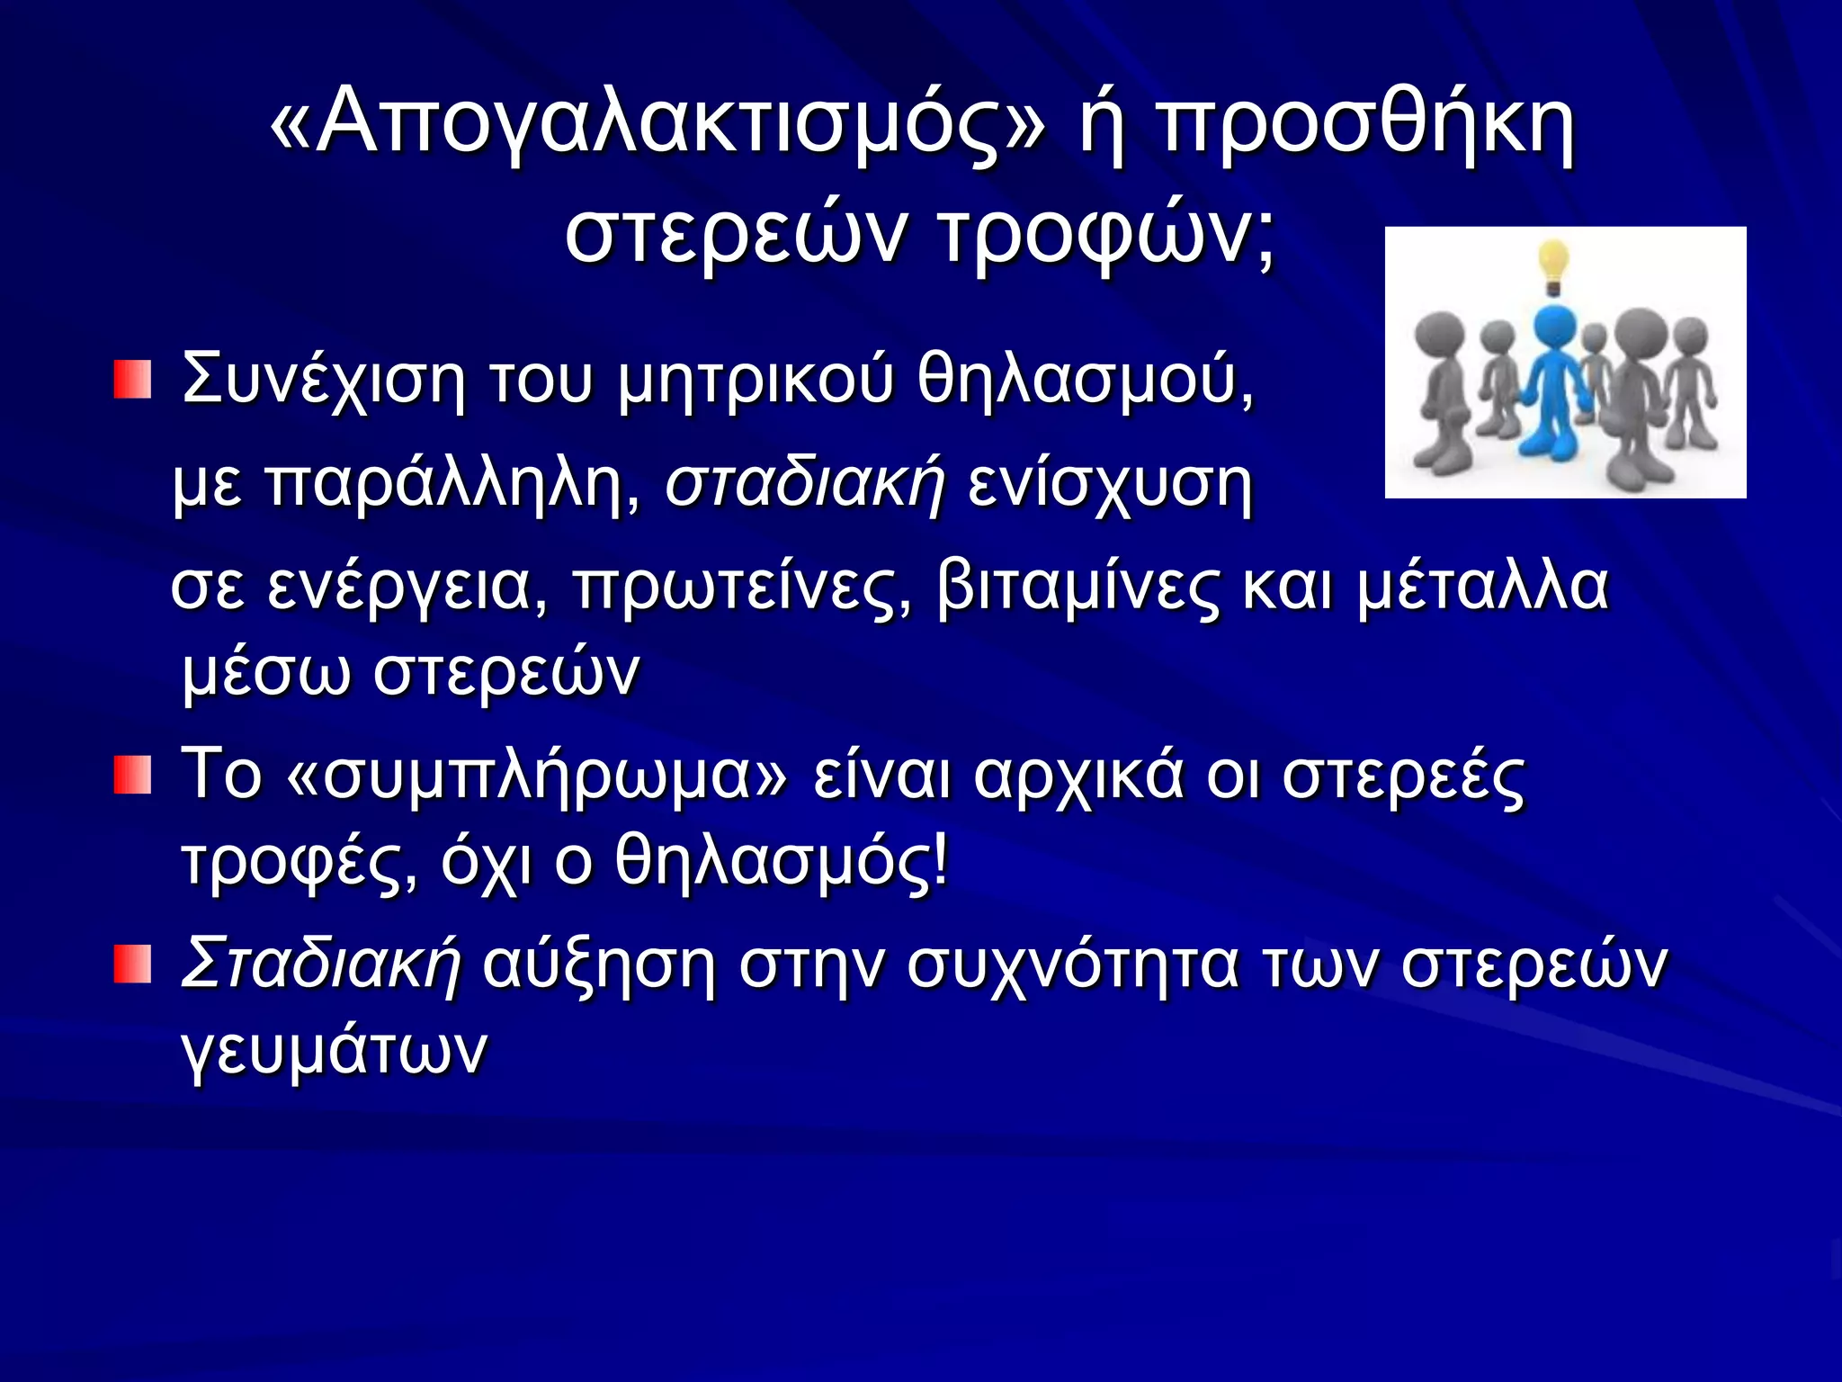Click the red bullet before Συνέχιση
[x=132, y=379]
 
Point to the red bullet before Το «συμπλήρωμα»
[x=132, y=775]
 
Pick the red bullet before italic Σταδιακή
[x=132, y=964]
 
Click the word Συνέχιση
[x=324, y=379]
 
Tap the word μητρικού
[x=756, y=379]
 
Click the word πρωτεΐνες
[x=741, y=587]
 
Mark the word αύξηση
[x=599, y=964]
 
